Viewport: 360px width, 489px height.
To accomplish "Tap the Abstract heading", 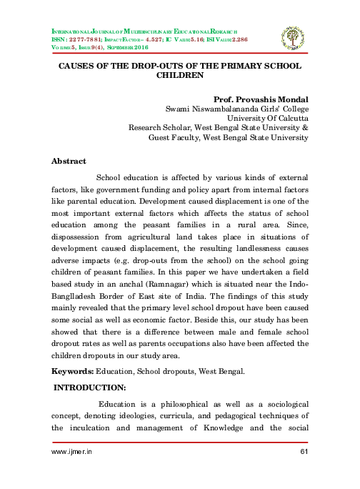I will [x=69, y=162].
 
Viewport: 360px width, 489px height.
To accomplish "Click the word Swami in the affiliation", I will [x=179, y=108].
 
